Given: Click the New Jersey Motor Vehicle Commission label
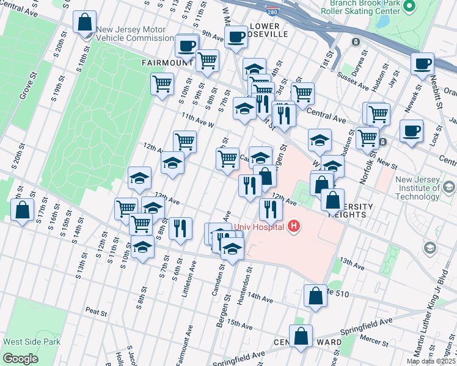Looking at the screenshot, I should (135, 33).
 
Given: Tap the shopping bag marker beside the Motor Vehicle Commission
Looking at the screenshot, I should (84, 23).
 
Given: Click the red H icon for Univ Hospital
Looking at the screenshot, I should (294, 227).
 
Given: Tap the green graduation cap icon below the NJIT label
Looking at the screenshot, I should (430, 248).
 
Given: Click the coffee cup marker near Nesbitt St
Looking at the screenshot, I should (422, 63).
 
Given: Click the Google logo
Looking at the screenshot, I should (20, 358).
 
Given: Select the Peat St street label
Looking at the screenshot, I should (97, 312).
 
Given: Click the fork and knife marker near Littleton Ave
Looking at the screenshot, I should (180, 228).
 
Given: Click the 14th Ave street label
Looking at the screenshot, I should (260, 298).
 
